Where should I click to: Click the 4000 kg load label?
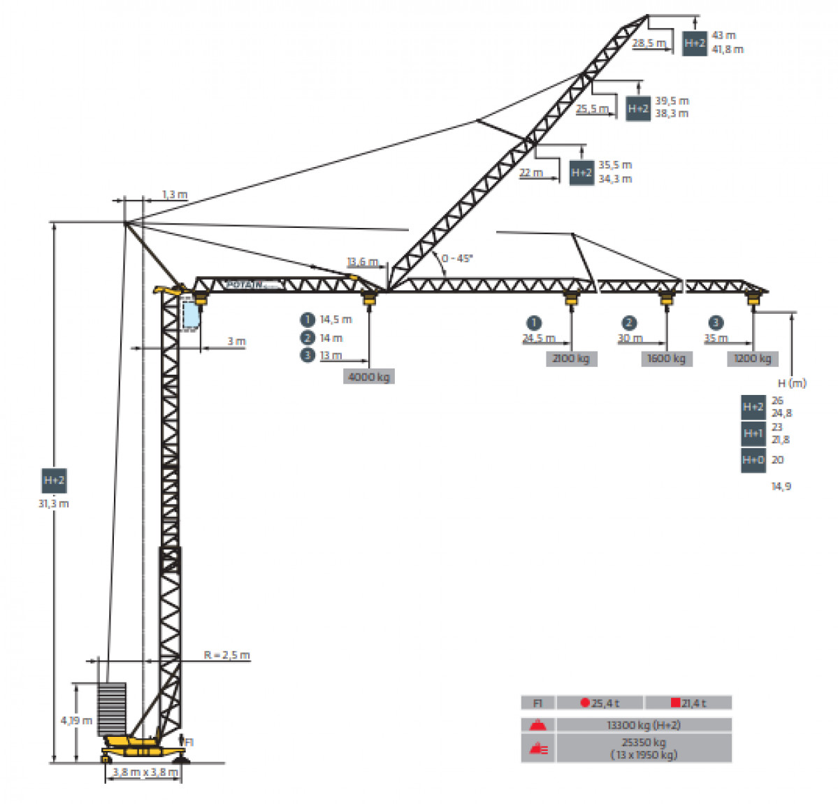pyautogui.click(x=369, y=377)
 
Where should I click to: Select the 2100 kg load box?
pyautogui.click(x=571, y=359)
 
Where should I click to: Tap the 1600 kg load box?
pyautogui.click(x=666, y=359)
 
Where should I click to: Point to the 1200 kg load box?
pyautogui.click(x=753, y=359)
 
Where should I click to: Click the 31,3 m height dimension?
pyautogui.click(x=54, y=503)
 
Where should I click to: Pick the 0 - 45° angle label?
pyautogui.click(x=457, y=258)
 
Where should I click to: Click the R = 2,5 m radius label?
pyautogui.click(x=226, y=655)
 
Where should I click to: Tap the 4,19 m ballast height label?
pyautogui.click(x=76, y=720)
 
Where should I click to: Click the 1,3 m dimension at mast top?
pyautogui.click(x=175, y=194)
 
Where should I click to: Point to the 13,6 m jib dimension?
pyautogui.click(x=362, y=262)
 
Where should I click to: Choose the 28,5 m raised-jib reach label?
pyautogui.click(x=649, y=43)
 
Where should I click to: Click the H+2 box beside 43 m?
pyautogui.click(x=695, y=43)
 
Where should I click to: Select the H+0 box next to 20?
pyautogui.click(x=753, y=460)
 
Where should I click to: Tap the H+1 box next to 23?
pyautogui.click(x=753, y=433)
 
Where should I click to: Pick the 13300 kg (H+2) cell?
pyautogui.click(x=644, y=725)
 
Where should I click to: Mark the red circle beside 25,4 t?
pyautogui.click(x=585, y=703)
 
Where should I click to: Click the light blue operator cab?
pyautogui.click(x=190, y=315)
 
